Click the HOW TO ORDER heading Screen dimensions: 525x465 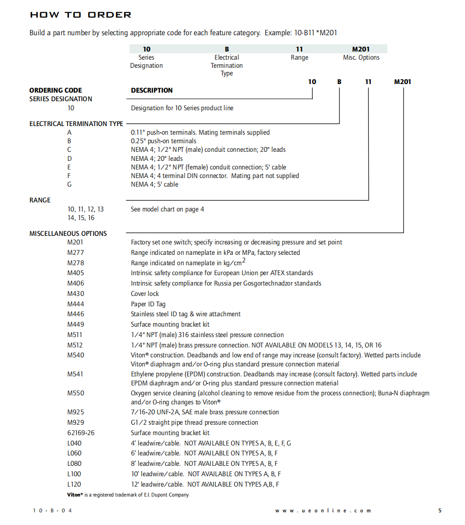click(x=80, y=15)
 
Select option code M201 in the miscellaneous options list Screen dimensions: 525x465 click(x=75, y=243)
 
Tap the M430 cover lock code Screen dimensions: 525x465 click(x=75, y=294)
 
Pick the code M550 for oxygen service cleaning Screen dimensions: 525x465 click(x=75, y=393)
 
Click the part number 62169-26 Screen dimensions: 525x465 click(x=81, y=433)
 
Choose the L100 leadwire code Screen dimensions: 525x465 click(x=74, y=474)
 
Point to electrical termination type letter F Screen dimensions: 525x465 click(x=69, y=176)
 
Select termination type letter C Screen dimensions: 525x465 click(x=69, y=150)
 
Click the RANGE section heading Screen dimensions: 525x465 click(x=40, y=200)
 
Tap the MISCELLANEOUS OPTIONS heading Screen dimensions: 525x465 click(x=68, y=234)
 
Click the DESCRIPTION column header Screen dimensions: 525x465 click(x=152, y=90)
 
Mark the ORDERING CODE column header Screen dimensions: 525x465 click(x=56, y=90)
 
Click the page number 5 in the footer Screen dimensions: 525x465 click(x=440, y=511)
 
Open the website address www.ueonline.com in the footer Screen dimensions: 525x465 click(x=323, y=511)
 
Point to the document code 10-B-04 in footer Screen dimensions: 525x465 click(x=52, y=511)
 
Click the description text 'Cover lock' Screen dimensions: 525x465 click(x=145, y=294)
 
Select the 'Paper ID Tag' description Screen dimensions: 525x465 click(x=148, y=304)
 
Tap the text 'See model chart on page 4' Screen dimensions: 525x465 click(x=167, y=209)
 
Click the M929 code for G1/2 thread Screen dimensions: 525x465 click(x=75, y=422)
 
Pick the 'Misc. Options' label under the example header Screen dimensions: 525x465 click(x=361, y=57)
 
